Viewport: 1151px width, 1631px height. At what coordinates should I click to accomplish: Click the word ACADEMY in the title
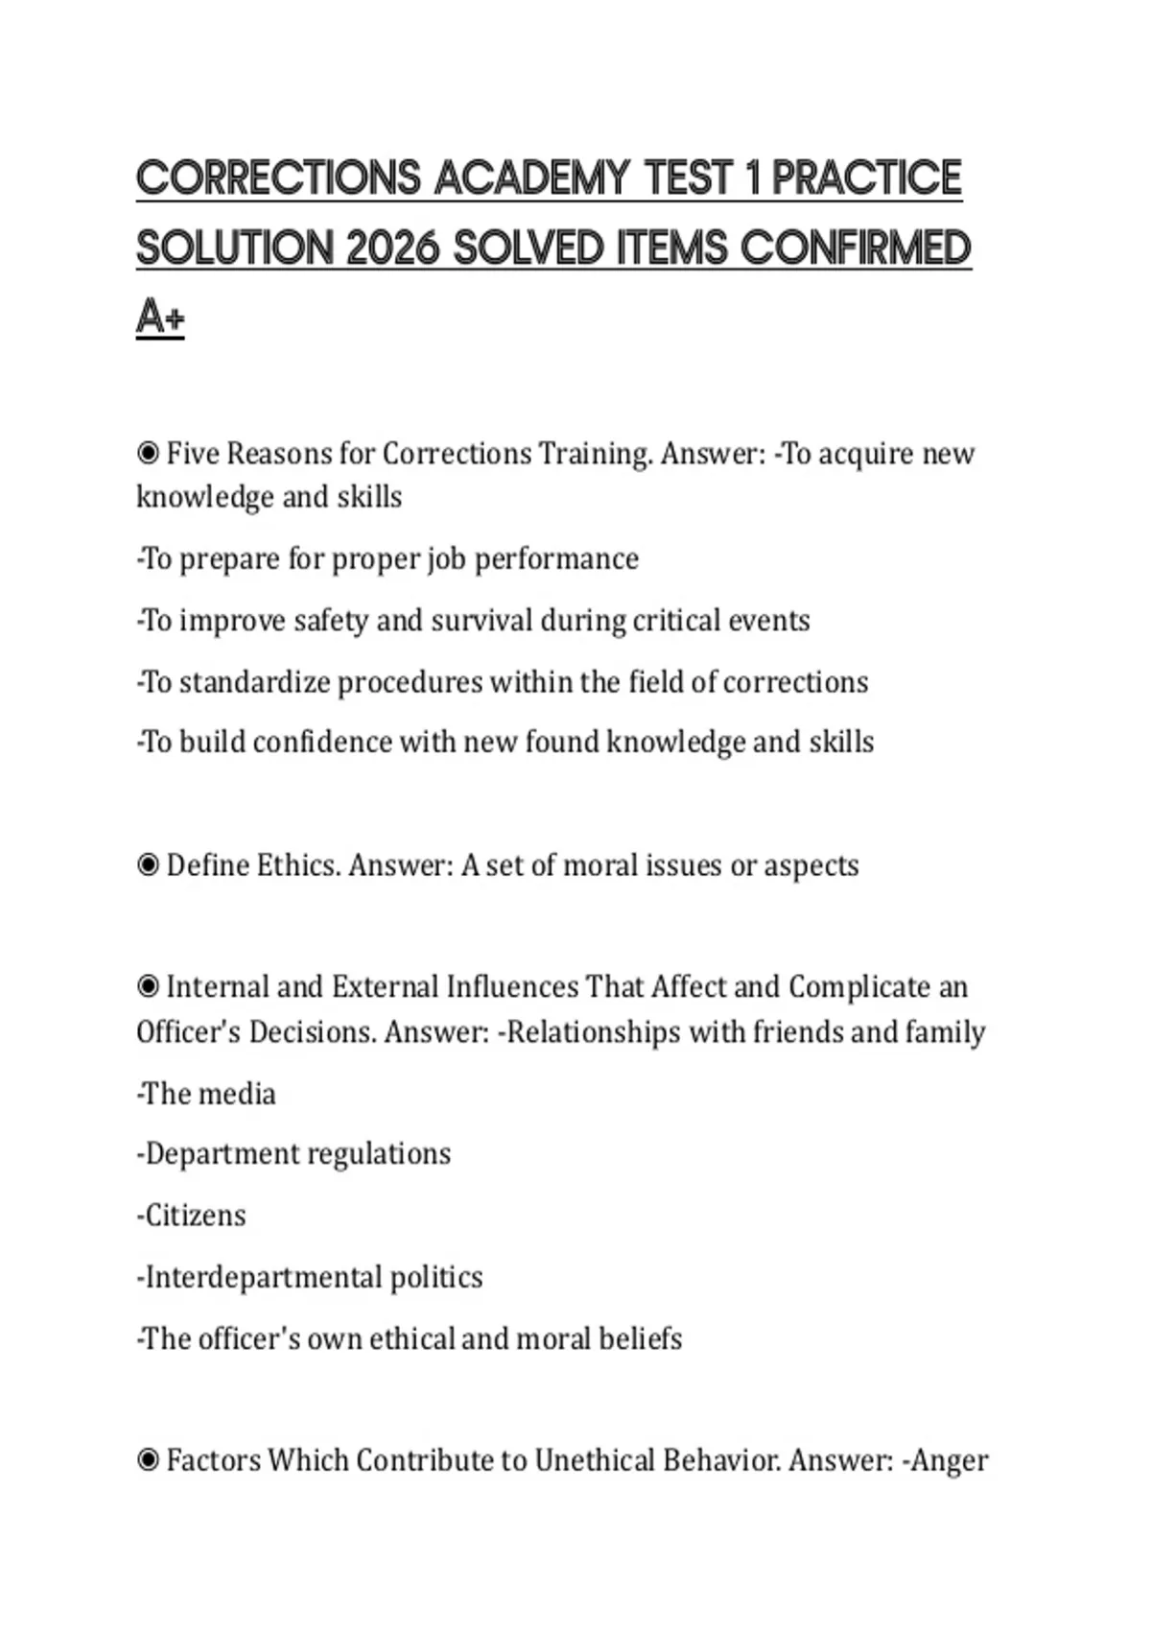531,178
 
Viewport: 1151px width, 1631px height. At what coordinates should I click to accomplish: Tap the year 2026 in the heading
392,248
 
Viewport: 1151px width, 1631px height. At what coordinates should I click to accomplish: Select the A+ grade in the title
160,318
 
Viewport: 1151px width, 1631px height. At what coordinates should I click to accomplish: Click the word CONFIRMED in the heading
856,248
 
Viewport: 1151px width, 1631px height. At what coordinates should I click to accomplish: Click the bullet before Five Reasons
148,452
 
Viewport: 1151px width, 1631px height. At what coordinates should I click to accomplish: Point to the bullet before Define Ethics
148,865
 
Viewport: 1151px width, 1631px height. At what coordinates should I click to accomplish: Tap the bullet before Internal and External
148,986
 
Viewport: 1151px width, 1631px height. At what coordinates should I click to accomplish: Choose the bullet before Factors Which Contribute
148,1460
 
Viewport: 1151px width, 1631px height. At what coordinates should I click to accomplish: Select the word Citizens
195,1216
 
